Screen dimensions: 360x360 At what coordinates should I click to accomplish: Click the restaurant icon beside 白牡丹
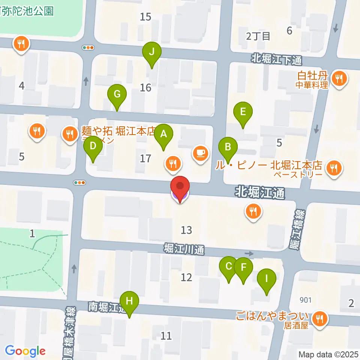(340, 78)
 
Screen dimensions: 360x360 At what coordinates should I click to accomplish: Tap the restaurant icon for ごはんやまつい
(320, 319)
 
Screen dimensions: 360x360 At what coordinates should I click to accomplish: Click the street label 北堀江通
(260, 193)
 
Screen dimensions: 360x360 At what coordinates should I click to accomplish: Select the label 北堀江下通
(276, 59)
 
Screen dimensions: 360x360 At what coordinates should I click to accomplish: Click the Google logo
(25, 351)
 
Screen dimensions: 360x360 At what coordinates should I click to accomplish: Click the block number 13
(186, 230)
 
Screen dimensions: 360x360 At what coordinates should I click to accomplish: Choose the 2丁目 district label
(258, 36)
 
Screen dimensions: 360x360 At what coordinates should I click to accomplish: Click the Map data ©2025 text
(328, 354)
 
